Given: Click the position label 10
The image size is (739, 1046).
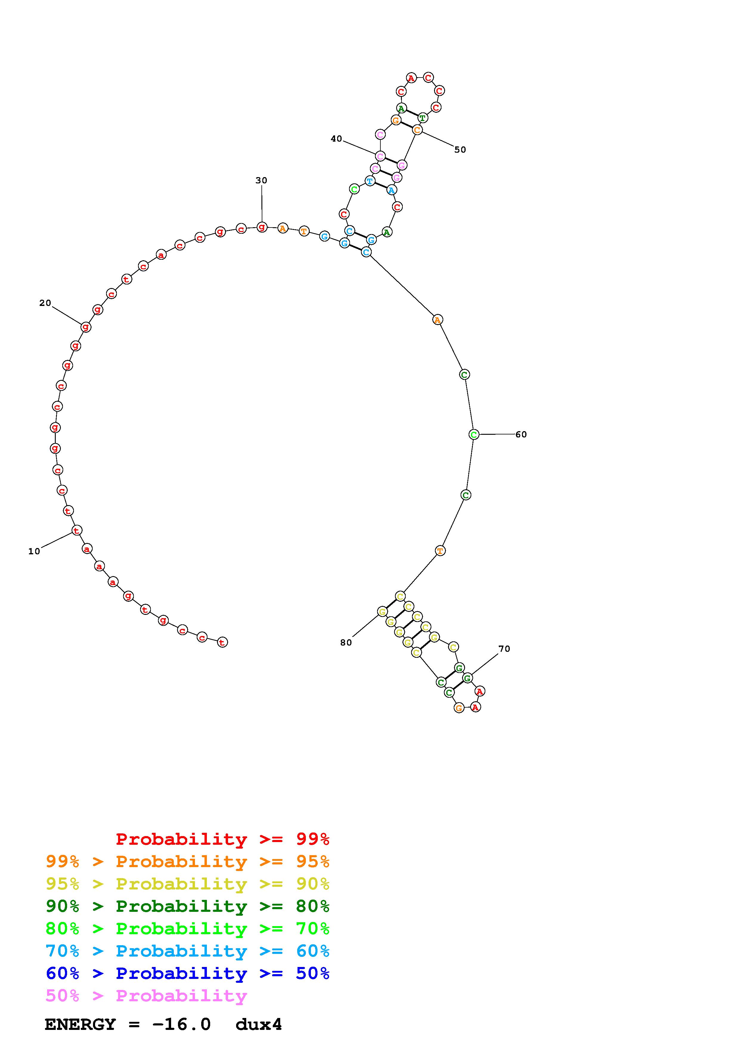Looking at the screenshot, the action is pyautogui.click(x=34, y=551).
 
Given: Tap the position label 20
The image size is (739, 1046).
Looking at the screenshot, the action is pyautogui.click(x=45, y=303).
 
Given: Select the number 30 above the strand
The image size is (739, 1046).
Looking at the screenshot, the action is pyautogui.click(x=261, y=180).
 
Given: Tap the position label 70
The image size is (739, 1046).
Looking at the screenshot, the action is pyautogui.click(x=504, y=649).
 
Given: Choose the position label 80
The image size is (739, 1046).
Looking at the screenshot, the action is pyautogui.click(x=346, y=642).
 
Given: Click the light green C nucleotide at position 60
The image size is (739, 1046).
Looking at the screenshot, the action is pyautogui.click(x=474, y=435).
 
